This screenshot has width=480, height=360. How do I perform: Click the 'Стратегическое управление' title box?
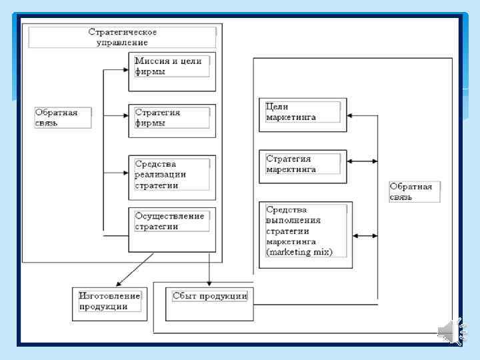pyautogui.click(x=122, y=37)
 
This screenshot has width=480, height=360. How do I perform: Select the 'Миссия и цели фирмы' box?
pyautogui.click(x=172, y=71)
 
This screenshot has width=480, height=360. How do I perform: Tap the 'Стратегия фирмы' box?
pyautogui.click(x=172, y=121)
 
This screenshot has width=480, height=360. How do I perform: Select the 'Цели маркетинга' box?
pyautogui.click(x=303, y=111)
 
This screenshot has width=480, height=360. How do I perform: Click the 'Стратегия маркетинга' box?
pyautogui.click(x=303, y=165)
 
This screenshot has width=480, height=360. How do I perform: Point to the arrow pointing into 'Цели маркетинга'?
pyautogui.click(x=363, y=115)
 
